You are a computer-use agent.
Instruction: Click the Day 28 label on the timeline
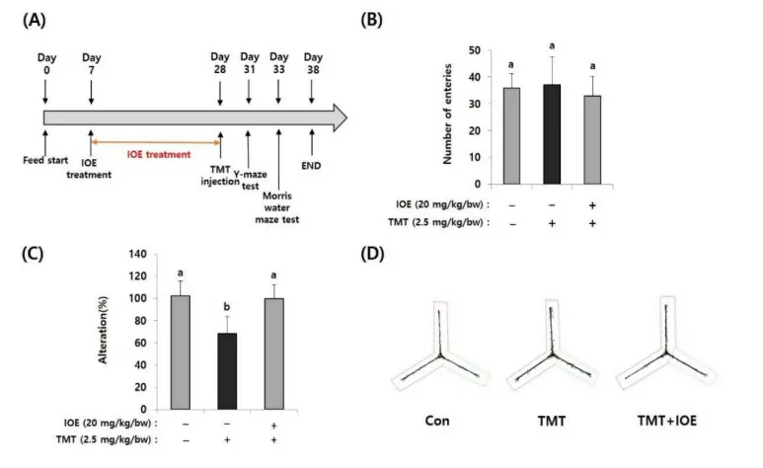[x=220, y=65]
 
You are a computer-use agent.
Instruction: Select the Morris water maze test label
[x=281, y=207]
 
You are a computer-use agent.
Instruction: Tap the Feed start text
[x=42, y=158]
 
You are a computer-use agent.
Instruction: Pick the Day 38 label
[x=314, y=65]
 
